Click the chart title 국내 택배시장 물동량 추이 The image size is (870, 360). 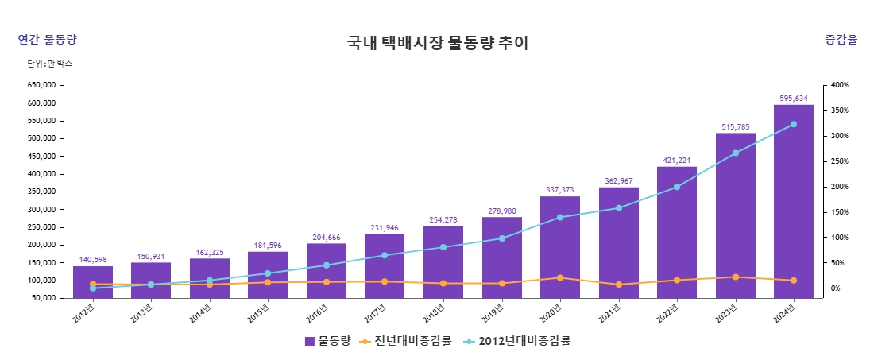[x=437, y=43]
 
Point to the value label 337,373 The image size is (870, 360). [x=560, y=190]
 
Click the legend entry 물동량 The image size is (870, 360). [x=327, y=341]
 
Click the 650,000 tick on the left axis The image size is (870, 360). [x=41, y=85]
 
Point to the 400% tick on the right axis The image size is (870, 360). [x=841, y=85]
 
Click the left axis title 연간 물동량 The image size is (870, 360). [x=47, y=40]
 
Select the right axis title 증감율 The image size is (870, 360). [x=841, y=40]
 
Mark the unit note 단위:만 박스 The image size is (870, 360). [x=50, y=63]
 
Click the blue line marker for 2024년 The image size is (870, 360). [x=793, y=124]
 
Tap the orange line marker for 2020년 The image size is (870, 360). [x=560, y=278]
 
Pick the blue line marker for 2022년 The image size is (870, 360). [x=677, y=187]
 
